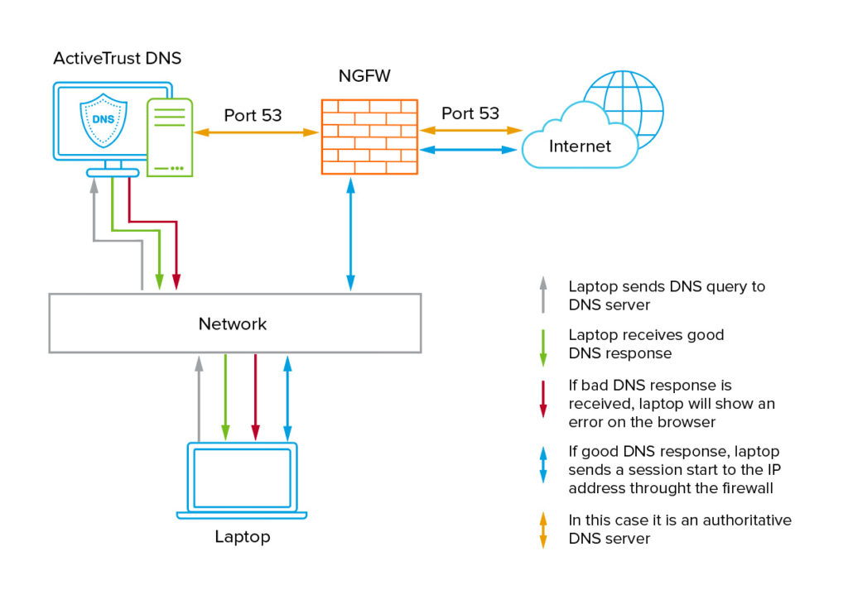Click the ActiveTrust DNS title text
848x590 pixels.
[x=117, y=58]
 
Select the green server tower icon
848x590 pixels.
[x=170, y=137]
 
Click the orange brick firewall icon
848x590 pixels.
[x=369, y=137]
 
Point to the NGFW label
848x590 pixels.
[x=364, y=77]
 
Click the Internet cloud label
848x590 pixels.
[x=580, y=146]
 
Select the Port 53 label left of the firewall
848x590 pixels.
[x=253, y=115]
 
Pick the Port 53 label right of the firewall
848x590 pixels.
[x=470, y=113]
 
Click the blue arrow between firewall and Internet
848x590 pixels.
[x=469, y=150]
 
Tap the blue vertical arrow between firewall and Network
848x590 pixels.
[x=351, y=235]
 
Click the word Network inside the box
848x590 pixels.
[x=233, y=324]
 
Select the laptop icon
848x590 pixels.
[x=242, y=480]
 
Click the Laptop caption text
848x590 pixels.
[x=242, y=536]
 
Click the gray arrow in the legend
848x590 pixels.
[x=543, y=295]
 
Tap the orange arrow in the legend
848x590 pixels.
[x=543, y=530]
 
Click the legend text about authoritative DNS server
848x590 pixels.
[x=679, y=530]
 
